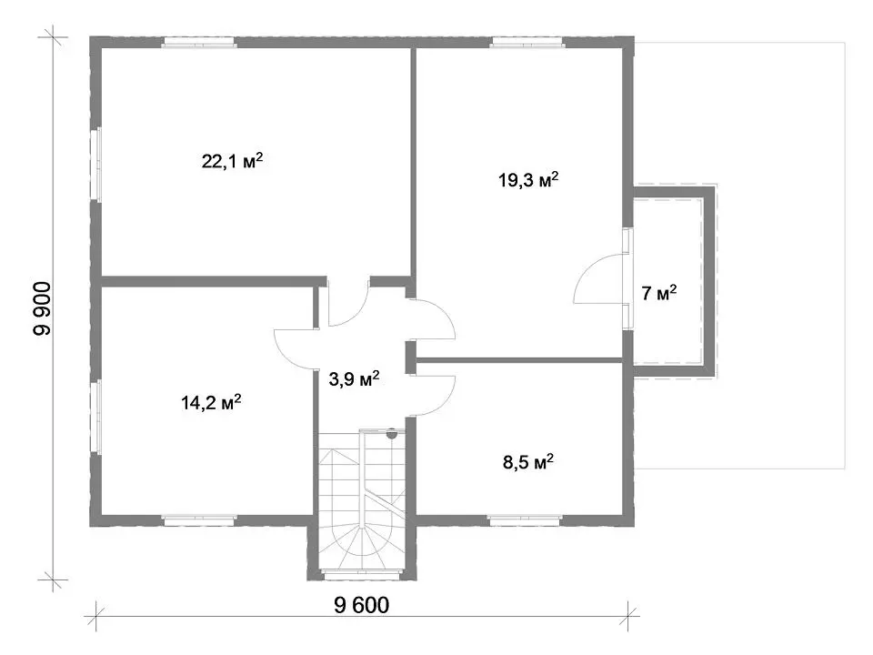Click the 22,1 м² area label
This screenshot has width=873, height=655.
click(x=232, y=162)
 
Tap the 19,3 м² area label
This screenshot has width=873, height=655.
click(x=528, y=180)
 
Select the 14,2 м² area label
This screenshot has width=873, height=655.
click(x=211, y=402)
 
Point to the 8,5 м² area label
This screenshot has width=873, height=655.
click(x=527, y=462)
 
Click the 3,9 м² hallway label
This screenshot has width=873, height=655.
click(x=354, y=379)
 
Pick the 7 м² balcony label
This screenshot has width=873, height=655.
click(x=659, y=293)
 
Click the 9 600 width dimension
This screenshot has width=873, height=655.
click(x=361, y=605)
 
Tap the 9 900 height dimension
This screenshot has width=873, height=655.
click(x=42, y=308)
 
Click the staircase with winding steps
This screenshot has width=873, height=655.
click(x=361, y=500)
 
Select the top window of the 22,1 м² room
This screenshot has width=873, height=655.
click(x=199, y=43)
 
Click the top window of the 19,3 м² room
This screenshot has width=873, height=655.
click(x=527, y=43)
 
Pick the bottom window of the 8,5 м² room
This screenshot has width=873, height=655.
click(x=524, y=520)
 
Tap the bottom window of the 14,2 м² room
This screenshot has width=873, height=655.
click(x=199, y=520)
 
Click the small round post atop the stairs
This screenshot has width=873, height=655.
click(x=392, y=433)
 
